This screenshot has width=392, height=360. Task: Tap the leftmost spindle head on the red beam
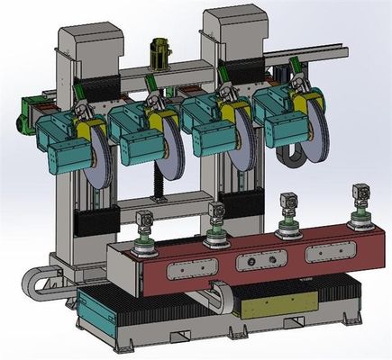pyautogui.click(x=143, y=235)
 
